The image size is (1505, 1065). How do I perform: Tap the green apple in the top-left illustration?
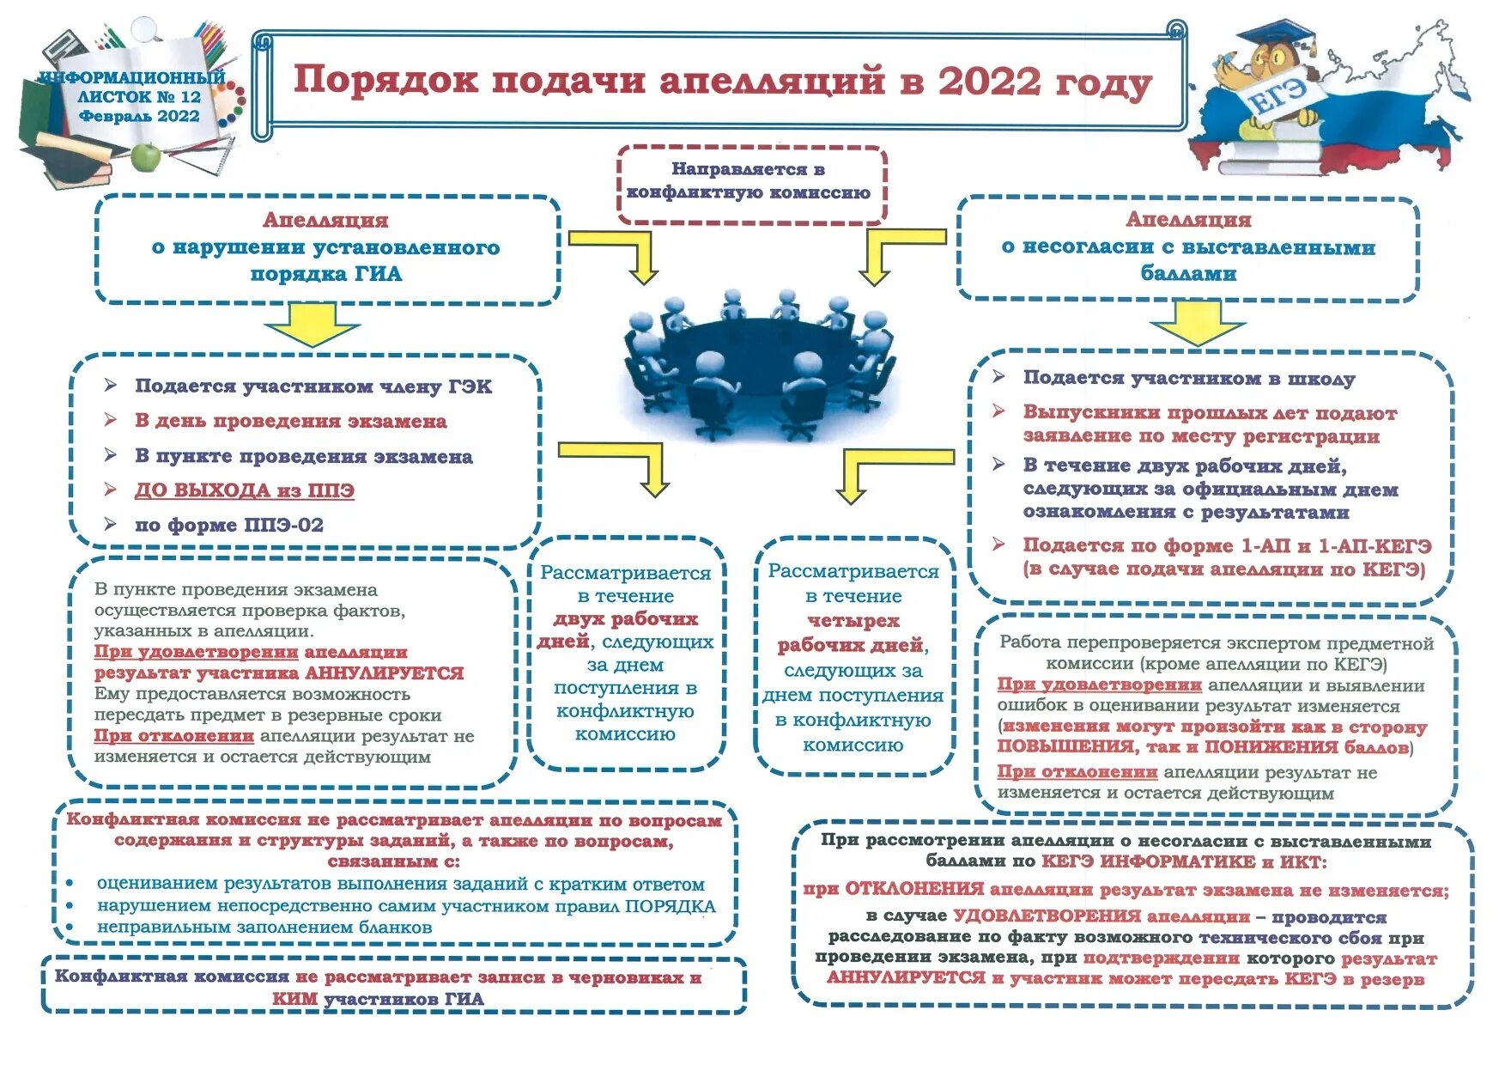coord(147,157)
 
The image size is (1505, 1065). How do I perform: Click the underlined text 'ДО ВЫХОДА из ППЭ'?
coord(245,490)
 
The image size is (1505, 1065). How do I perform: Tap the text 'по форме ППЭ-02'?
coord(228,525)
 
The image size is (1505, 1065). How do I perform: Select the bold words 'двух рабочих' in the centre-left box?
coord(625,618)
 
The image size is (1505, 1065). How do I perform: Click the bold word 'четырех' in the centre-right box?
coord(853,620)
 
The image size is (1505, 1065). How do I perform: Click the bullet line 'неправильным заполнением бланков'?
coord(264,927)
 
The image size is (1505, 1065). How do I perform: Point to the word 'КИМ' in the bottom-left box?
coord(294,999)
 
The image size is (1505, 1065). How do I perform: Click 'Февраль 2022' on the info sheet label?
coord(139,116)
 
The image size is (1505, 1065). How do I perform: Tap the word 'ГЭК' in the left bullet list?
coord(470,386)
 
